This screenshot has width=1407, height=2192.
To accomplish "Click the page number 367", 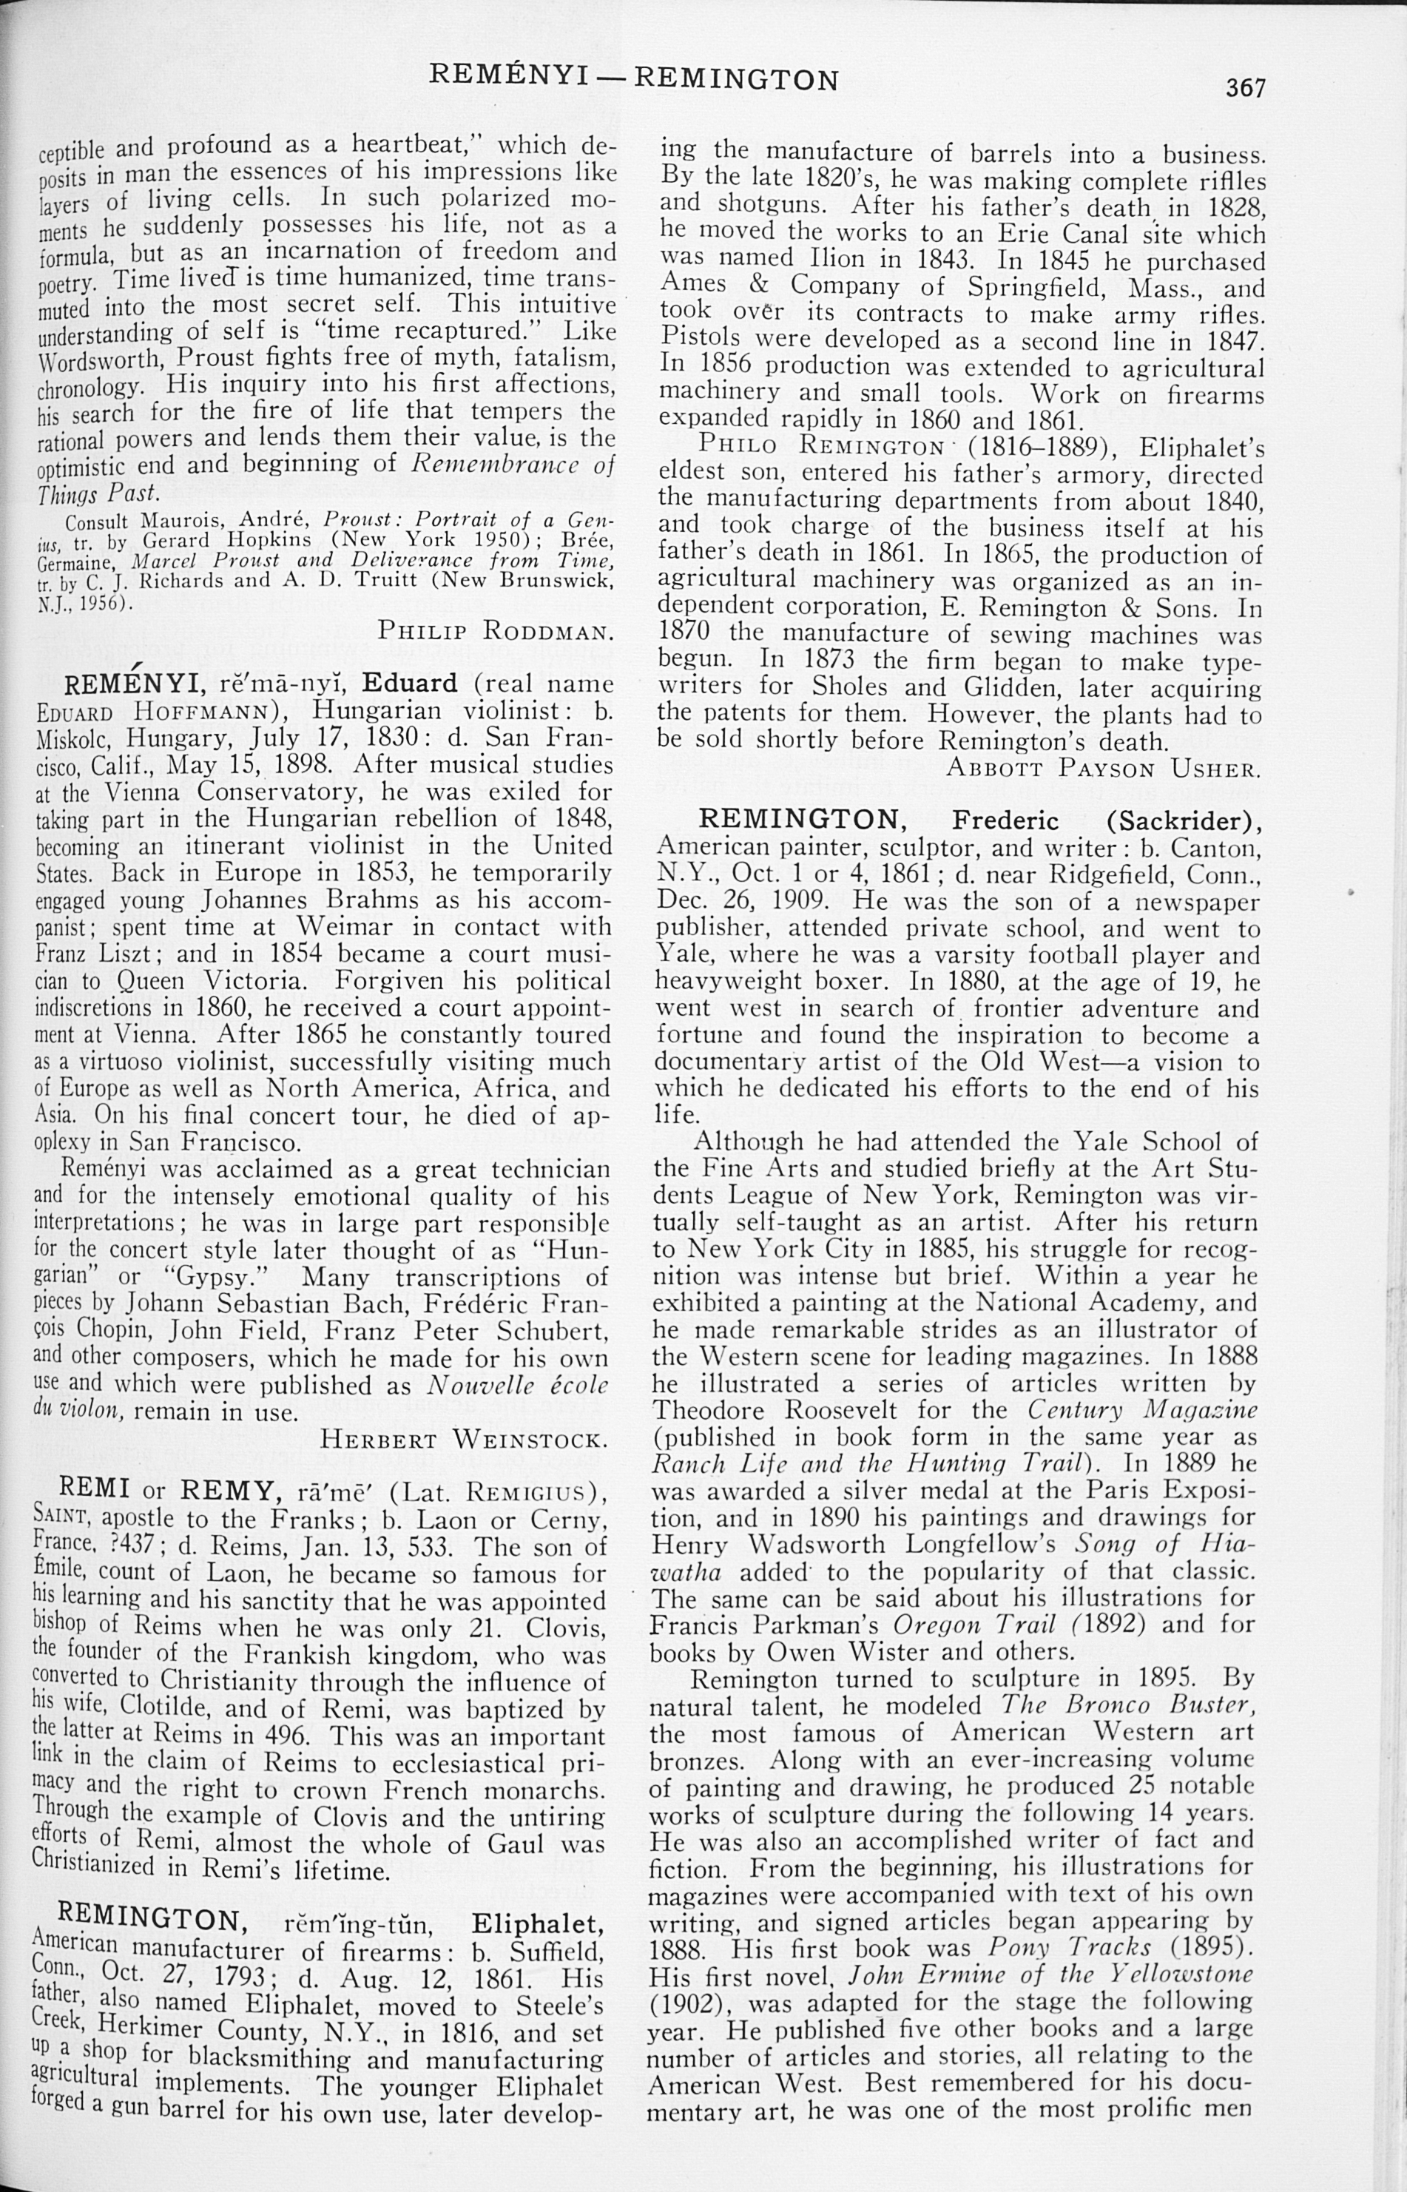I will [1245, 88].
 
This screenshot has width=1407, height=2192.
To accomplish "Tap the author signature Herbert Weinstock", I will [464, 1440].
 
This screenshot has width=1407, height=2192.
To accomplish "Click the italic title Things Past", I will [98, 493].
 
